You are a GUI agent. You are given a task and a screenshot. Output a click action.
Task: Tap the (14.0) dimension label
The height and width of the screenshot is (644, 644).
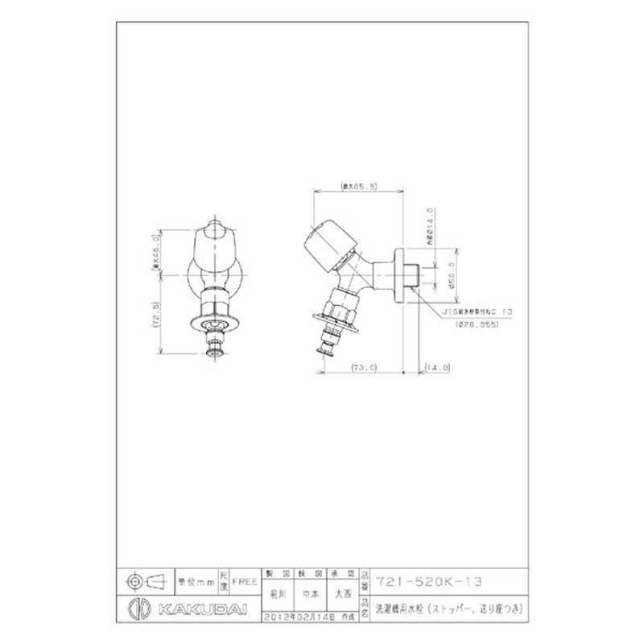tap(440, 367)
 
